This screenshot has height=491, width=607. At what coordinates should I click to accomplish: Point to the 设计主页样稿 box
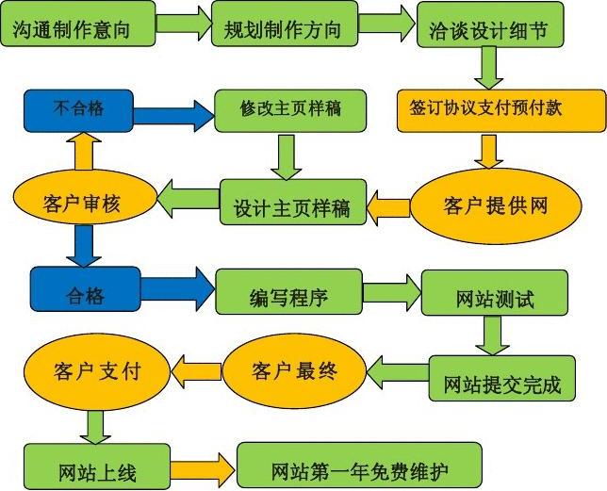coord(291,205)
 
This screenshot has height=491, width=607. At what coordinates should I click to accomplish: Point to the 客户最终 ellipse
coord(294,369)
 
